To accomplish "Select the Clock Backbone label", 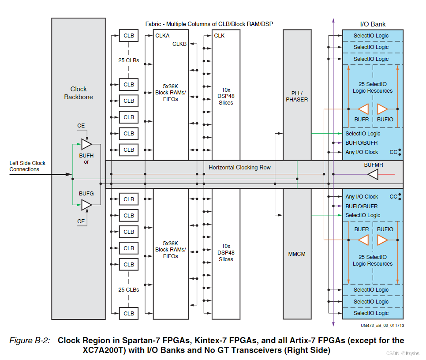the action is [78, 93].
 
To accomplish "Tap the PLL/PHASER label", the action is [297, 97].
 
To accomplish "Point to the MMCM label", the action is [297, 254].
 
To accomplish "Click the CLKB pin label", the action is [179, 44].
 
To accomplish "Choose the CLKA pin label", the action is [162, 36].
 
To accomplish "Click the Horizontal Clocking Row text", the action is [239, 167].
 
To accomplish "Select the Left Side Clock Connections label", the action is [27, 166].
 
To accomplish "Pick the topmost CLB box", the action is [128, 36].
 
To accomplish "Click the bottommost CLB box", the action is [128, 313].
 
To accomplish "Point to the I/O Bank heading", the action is [373, 24].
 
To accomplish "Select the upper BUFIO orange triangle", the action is [382, 109].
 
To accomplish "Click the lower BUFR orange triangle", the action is [363, 240].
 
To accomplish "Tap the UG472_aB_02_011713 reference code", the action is [382, 325].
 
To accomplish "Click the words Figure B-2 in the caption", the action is [30, 341].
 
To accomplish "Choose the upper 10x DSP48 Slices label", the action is [226, 96].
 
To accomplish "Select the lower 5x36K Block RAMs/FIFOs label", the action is [170, 250].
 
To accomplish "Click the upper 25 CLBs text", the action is [128, 60].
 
